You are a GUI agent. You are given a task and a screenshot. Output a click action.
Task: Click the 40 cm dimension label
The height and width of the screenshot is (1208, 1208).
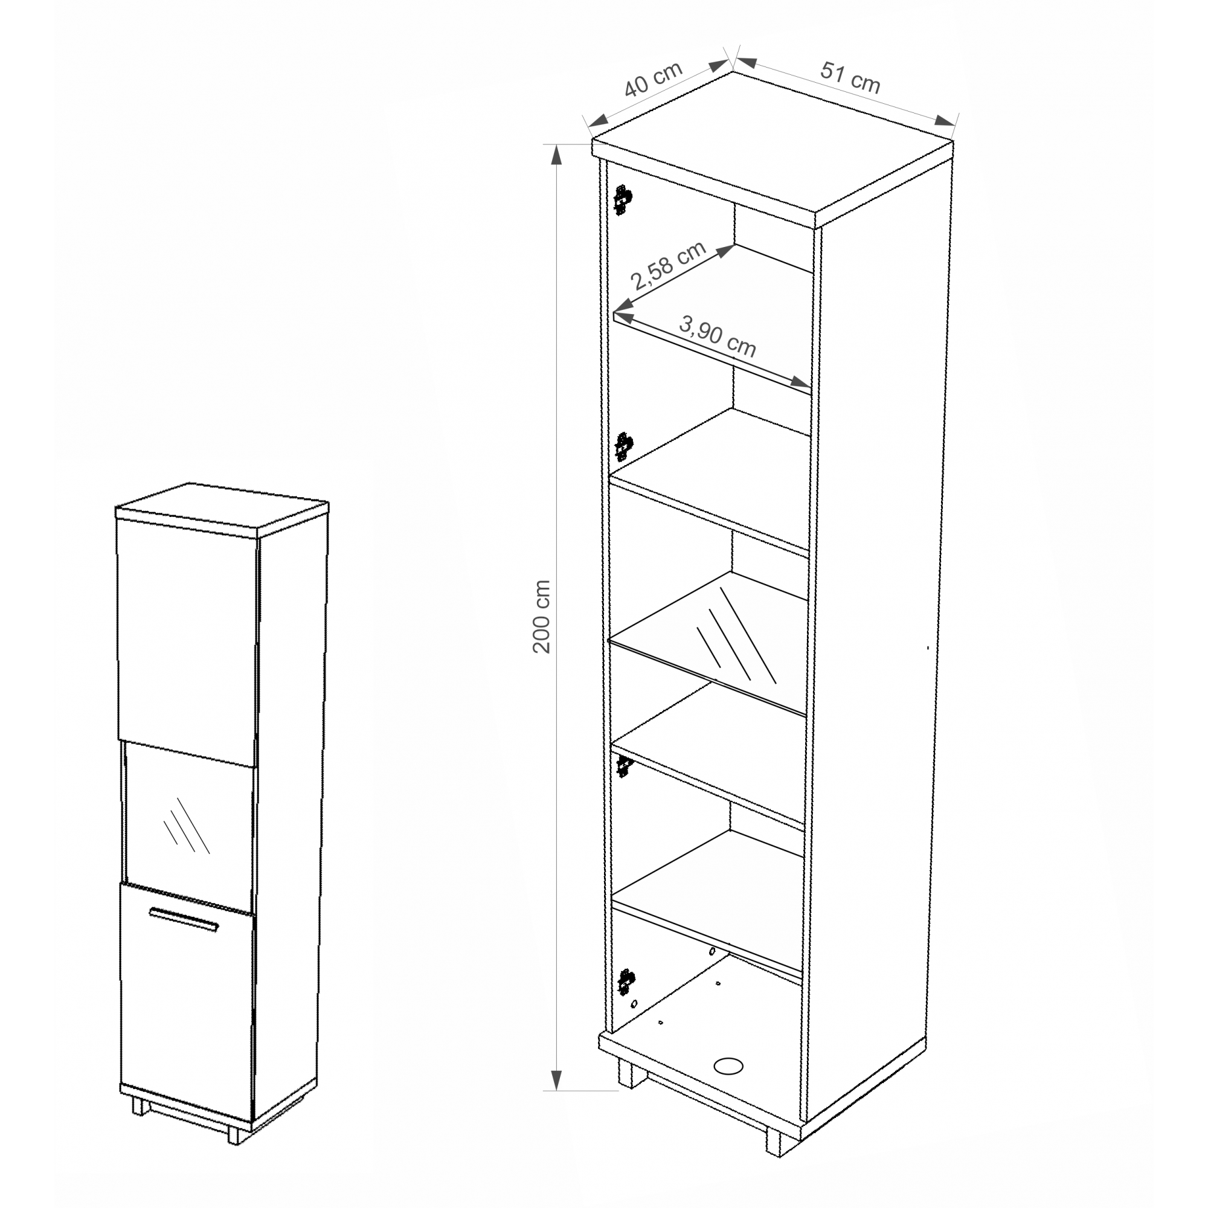tap(654, 78)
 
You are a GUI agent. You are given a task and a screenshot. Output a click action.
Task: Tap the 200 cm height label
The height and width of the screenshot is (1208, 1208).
tap(541, 617)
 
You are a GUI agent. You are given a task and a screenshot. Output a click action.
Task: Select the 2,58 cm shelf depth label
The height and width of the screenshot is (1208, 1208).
tap(669, 266)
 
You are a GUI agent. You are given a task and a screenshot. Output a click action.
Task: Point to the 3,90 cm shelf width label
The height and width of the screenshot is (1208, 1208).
tap(717, 336)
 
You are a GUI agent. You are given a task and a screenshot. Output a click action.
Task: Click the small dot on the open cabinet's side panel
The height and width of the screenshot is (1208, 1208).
tap(927, 647)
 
